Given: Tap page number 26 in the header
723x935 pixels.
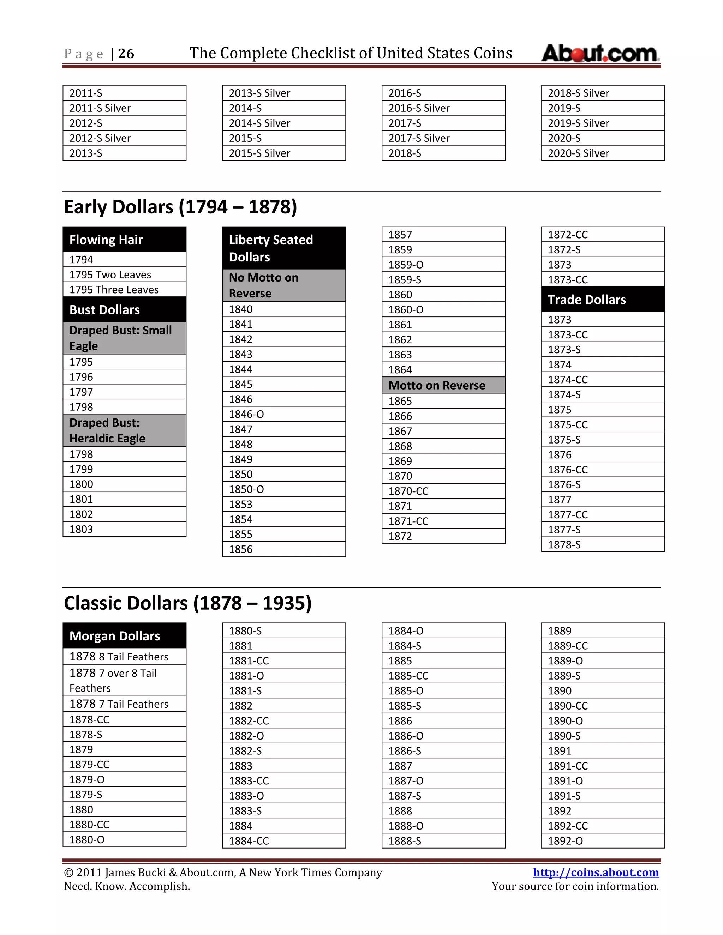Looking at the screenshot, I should coord(126,54).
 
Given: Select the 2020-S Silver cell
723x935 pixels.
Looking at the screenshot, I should coord(602,153).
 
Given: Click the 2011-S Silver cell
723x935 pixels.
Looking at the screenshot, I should coord(124,108).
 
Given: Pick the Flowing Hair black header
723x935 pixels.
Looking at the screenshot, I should coord(124,239).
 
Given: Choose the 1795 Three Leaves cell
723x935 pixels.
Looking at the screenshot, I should coord(124,289).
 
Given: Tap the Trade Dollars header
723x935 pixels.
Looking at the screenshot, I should coord(602,299).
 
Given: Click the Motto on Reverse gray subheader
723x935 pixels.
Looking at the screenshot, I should coord(443,385).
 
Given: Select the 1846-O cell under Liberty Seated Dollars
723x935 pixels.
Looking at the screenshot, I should coord(283,414).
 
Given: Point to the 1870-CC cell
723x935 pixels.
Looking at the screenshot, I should coord(443,491).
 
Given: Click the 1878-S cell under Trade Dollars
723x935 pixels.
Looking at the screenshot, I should coord(602,544).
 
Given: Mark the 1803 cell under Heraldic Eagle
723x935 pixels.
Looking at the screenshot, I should coord(124,529).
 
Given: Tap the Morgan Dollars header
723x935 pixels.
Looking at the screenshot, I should coord(124,636).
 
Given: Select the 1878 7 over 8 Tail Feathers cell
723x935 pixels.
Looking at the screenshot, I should coord(124,680).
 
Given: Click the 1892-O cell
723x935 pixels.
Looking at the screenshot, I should coord(602,841).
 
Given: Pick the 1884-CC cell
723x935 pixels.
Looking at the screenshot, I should coord(283,841).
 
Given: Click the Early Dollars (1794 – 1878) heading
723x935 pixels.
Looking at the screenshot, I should coord(180,207).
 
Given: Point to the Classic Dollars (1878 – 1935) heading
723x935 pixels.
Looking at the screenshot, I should coord(187,603).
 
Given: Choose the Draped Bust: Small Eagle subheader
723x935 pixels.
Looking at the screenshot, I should coord(124,338).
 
